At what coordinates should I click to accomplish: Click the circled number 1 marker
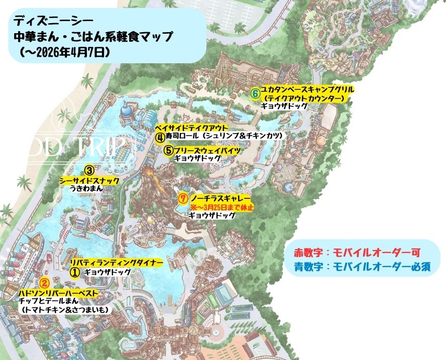point(74,272)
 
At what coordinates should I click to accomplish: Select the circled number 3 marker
point(89,170)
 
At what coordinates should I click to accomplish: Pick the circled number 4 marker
point(159,136)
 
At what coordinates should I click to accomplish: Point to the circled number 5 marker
point(169,150)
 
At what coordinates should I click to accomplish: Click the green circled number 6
point(255,93)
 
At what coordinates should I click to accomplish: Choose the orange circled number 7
point(183,198)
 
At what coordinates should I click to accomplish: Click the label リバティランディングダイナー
point(117,263)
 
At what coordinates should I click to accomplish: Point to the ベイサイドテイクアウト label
point(191,127)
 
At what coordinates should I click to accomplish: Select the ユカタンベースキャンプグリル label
point(307,89)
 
